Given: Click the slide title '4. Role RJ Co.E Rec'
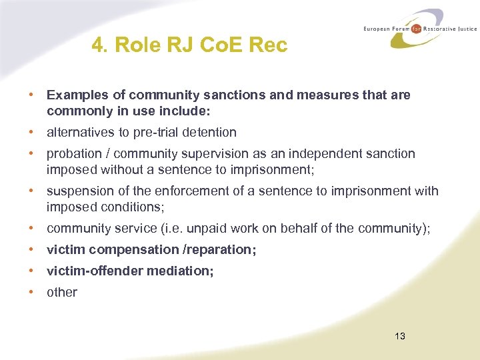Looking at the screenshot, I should (189, 45).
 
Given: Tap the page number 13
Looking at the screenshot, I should (400, 336).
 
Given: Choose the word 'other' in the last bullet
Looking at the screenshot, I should (62, 292).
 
